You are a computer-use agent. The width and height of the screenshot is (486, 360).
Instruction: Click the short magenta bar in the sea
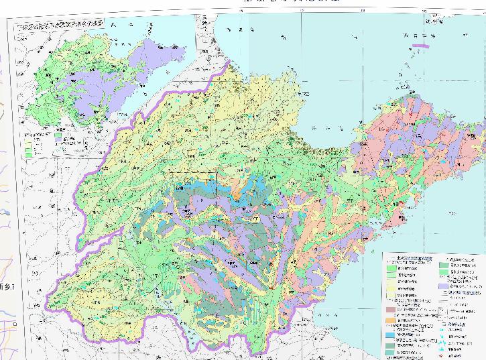tap(421, 46)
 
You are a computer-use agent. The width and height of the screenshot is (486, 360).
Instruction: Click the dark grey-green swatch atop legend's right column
tap(444, 264)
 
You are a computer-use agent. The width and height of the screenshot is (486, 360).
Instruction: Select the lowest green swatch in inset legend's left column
tap(28, 154)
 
